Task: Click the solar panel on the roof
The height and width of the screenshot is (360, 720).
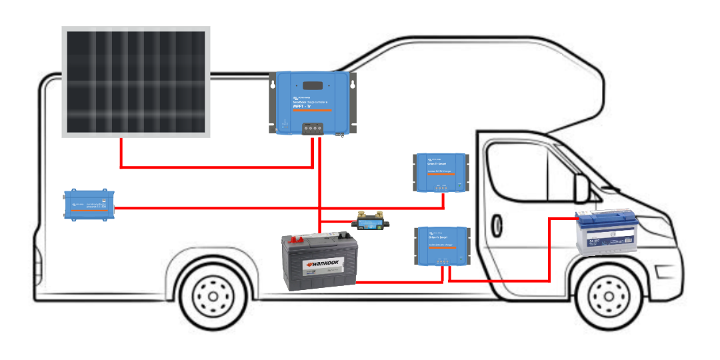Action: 136,81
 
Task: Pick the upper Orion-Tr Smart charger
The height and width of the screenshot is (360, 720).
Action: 441,172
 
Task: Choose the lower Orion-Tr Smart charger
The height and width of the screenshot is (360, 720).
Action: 441,246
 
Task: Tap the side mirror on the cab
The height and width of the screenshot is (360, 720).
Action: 582,190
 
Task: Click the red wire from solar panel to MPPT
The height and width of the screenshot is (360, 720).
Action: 213,167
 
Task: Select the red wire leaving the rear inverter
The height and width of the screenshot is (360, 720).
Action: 267,208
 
